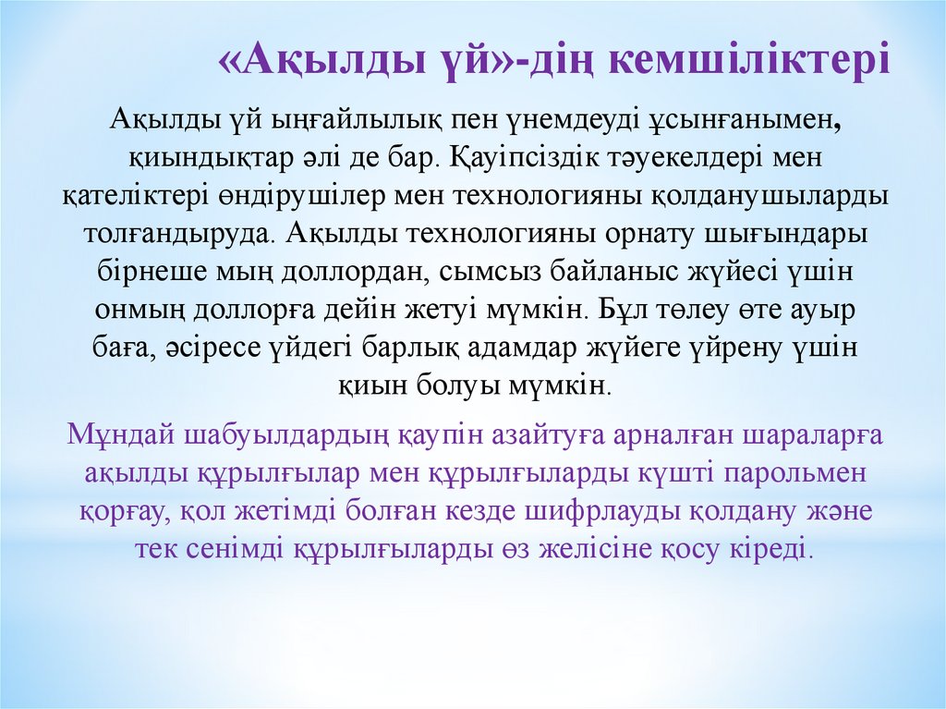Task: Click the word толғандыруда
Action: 179,234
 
